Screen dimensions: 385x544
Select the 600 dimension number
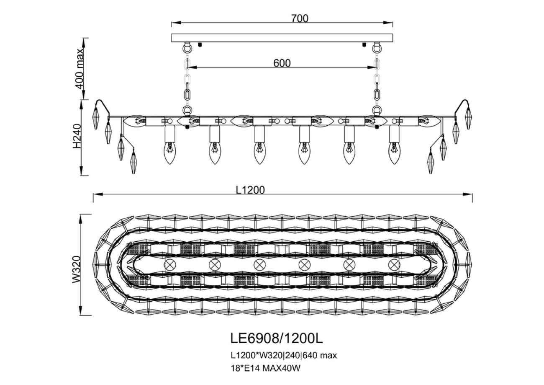click(282, 63)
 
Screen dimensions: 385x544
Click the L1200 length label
click(250, 190)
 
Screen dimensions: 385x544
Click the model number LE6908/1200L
click(277, 338)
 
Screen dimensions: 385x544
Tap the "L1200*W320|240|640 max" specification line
click(284, 356)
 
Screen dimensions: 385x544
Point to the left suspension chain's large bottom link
click(187, 93)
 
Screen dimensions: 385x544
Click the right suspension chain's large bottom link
click(377, 93)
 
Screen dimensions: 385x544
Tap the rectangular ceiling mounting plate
click(282, 38)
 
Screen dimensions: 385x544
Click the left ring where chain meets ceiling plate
click(187, 47)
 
